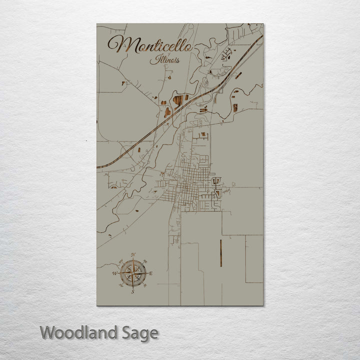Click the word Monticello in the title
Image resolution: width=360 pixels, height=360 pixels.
pyautogui.click(x=149, y=45)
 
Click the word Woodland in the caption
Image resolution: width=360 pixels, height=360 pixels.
pyautogui.click(x=79, y=332)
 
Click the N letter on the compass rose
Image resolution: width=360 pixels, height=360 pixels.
pyautogui.click(x=133, y=255)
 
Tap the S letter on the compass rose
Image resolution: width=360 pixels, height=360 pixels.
pyautogui.click(x=133, y=291)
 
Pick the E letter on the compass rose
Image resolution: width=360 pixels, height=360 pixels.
pyautogui.click(x=150, y=273)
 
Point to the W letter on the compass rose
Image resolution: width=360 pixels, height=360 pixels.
pyautogui.click(x=115, y=273)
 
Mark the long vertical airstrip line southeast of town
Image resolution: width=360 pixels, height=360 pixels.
pyautogui.click(x=220, y=253)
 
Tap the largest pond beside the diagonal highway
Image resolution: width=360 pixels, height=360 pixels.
pyautogui.click(x=178, y=100)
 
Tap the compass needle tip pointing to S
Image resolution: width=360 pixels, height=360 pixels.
pyautogui.click(x=133, y=287)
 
